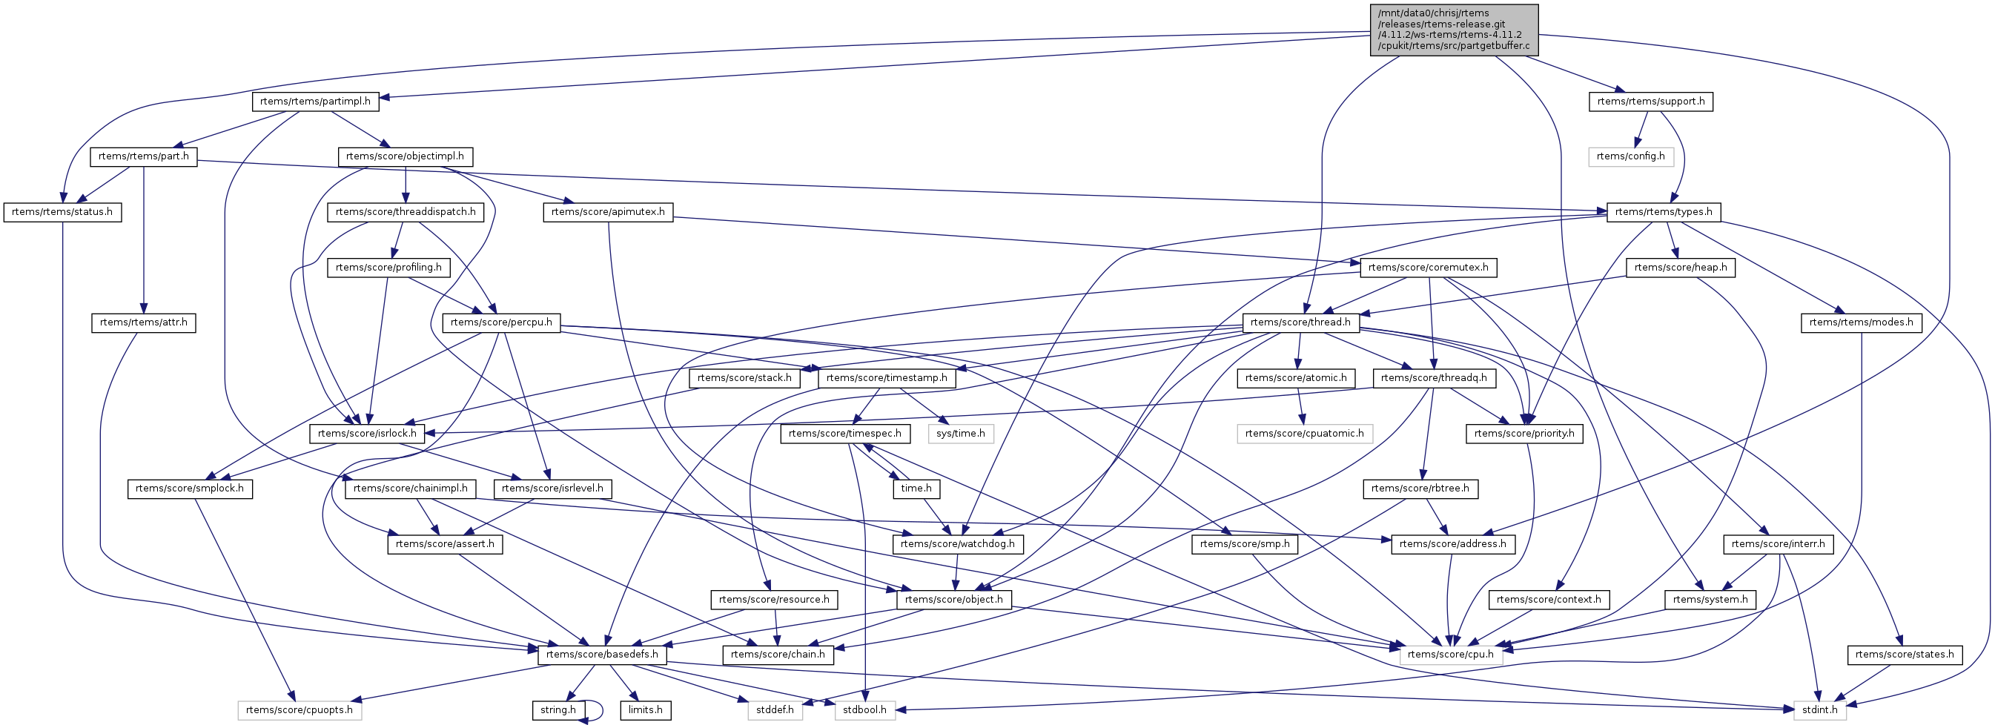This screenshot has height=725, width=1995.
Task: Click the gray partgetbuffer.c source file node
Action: (x=1454, y=30)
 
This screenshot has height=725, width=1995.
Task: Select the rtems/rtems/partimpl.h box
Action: (x=314, y=102)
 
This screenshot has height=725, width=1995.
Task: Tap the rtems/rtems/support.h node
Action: (x=1650, y=102)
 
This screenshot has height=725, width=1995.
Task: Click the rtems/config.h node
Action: (x=1630, y=156)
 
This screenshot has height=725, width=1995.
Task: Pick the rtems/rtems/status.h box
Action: (x=62, y=212)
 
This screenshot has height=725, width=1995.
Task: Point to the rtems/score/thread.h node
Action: (x=1300, y=322)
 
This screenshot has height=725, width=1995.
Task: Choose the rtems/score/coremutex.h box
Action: (x=1428, y=267)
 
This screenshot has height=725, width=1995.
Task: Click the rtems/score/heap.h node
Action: (x=1681, y=267)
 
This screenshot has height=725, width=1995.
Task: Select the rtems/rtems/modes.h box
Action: (x=1861, y=322)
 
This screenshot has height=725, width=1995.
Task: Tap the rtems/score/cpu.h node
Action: (x=1451, y=655)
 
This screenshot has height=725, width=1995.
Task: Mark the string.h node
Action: (x=558, y=709)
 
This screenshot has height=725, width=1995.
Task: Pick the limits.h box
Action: (x=645, y=709)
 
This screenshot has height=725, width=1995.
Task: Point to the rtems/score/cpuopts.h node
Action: (x=299, y=709)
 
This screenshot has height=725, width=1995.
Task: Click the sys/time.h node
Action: (x=960, y=433)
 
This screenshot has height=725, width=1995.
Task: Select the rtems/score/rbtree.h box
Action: (x=1420, y=489)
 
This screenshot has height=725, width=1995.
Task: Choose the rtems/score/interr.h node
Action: (x=1777, y=544)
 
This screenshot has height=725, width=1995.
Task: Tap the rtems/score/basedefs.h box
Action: (x=602, y=655)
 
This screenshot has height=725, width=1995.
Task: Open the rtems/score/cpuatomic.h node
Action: (x=1304, y=433)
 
